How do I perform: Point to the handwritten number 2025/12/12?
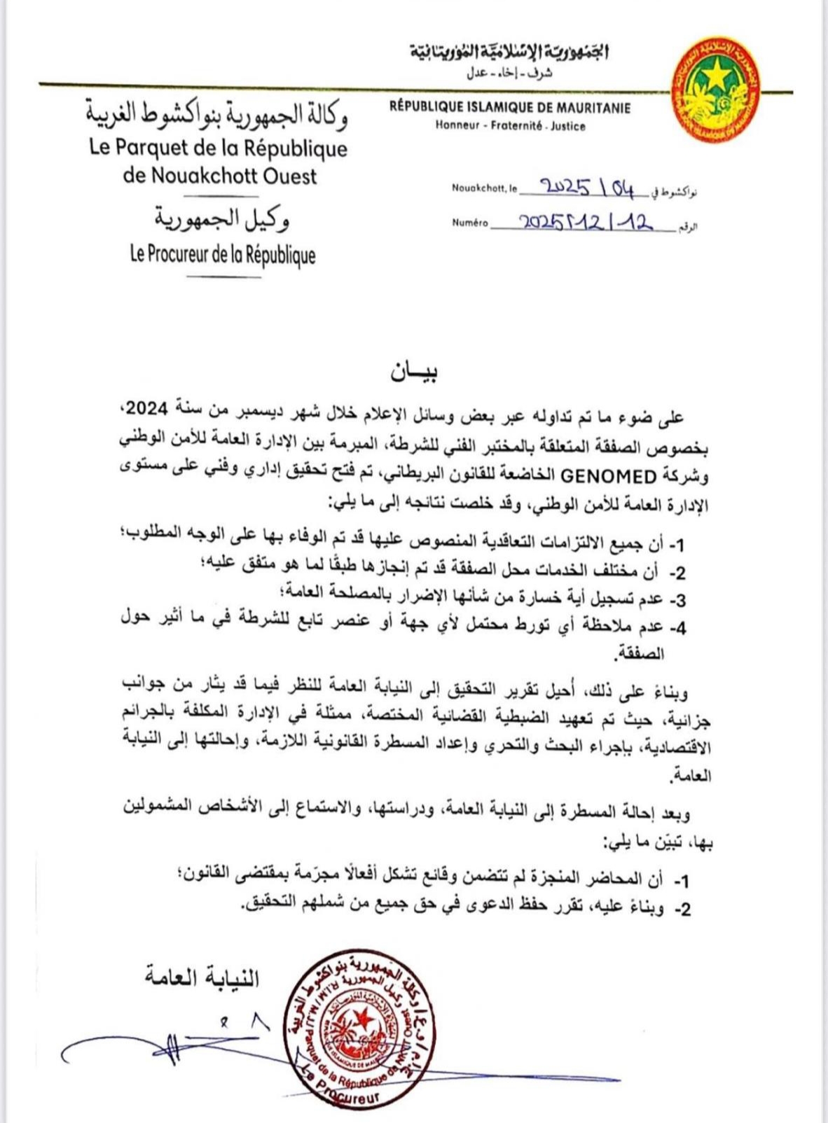click(585, 223)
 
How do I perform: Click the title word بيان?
click(414, 372)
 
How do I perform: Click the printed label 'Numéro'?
click(469, 223)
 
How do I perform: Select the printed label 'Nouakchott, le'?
click(484, 188)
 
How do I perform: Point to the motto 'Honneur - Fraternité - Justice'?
click(510, 127)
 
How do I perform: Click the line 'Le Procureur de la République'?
click(223, 255)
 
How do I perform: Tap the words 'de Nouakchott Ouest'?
click(220, 175)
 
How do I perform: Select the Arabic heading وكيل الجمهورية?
click(223, 220)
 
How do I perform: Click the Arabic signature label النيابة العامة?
click(202, 977)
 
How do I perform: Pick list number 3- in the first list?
click(677, 599)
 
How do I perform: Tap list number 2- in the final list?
click(682, 909)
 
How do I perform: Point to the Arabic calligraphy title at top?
click(509, 52)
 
